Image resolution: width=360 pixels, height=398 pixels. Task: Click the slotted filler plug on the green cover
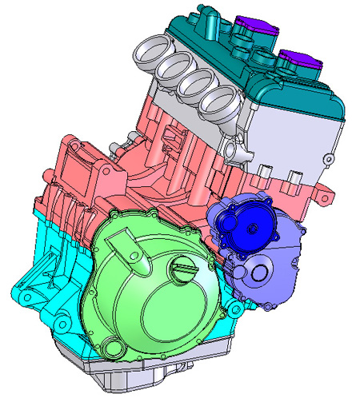click(x=182, y=273)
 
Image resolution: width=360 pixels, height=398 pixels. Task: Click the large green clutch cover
click(x=144, y=296)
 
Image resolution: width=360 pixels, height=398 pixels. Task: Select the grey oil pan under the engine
click(x=160, y=376)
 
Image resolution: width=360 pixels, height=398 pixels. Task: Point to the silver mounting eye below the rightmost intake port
click(x=236, y=149)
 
